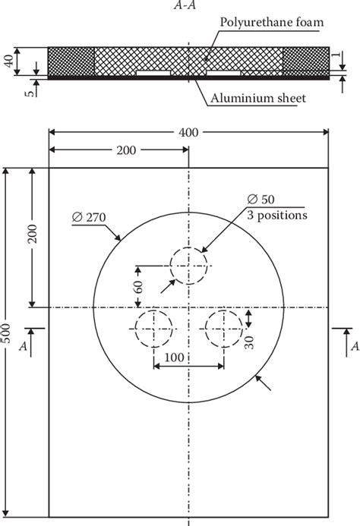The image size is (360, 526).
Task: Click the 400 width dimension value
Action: pyautogui.click(x=189, y=132)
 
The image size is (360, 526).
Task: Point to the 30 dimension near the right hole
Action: pyautogui.click(x=248, y=342)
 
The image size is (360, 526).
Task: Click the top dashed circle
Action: pyautogui.click(x=188, y=266)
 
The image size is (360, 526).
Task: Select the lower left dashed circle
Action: pyautogui.click(x=154, y=329)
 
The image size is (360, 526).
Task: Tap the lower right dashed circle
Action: pyautogui.click(x=223, y=329)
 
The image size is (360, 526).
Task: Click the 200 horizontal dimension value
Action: pyautogui.click(x=127, y=150)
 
